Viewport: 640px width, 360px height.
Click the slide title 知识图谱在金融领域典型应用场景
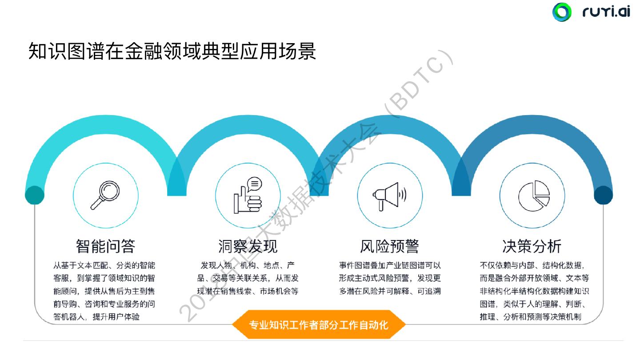(x=172, y=51)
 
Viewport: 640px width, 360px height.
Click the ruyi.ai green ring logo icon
(x=562, y=12)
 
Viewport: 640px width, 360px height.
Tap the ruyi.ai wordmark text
(x=606, y=12)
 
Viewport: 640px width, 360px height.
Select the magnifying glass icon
(x=105, y=195)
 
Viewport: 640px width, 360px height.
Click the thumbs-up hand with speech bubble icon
(x=248, y=195)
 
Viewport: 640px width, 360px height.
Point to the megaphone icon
(x=389, y=195)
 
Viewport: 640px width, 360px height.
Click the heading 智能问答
(x=105, y=246)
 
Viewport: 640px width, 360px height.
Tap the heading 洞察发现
(x=248, y=246)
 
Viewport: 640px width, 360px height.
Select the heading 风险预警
(x=389, y=246)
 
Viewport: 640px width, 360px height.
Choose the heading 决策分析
(x=532, y=246)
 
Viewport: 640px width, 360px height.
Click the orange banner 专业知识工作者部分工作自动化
(x=318, y=324)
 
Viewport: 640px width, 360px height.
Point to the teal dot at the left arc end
(x=35, y=195)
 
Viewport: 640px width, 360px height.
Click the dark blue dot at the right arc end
(x=603, y=195)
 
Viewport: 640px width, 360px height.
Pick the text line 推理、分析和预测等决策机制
(x=531, y=317)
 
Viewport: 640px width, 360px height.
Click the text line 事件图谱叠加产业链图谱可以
(x=390, y=266)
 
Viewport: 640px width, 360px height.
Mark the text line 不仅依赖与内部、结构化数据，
(x=531, y=266)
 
